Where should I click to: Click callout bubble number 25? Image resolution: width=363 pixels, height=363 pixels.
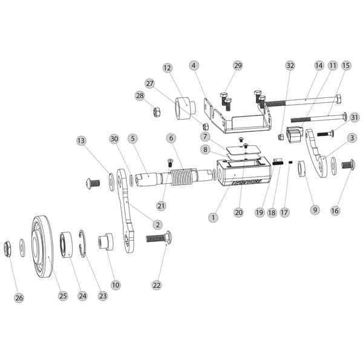point(62,296)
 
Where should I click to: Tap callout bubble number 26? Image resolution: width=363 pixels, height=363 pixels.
point(19,298)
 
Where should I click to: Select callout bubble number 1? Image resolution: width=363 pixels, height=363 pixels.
point(212,215)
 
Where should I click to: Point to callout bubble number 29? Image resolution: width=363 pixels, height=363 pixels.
point(237,65)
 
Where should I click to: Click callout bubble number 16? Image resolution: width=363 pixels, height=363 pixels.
point(335,211)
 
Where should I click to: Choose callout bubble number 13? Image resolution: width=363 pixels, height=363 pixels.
point(82,140)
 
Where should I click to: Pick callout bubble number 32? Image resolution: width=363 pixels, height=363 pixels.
point(290,65)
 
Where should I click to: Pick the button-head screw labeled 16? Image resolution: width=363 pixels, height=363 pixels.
point(349,164)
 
